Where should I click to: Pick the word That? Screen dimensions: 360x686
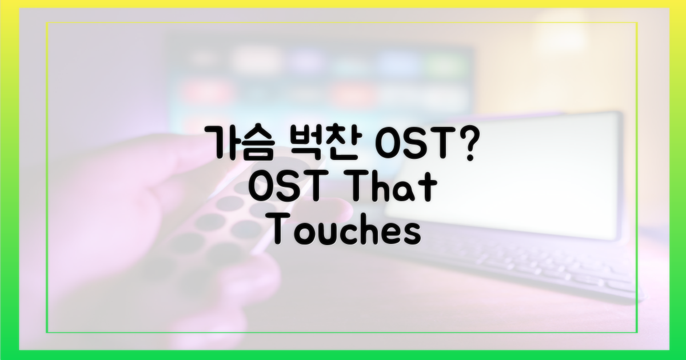point(393,187)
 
